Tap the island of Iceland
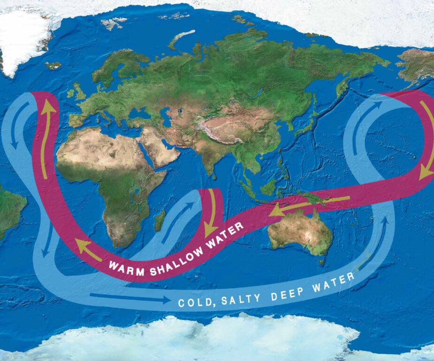(53, 65)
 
